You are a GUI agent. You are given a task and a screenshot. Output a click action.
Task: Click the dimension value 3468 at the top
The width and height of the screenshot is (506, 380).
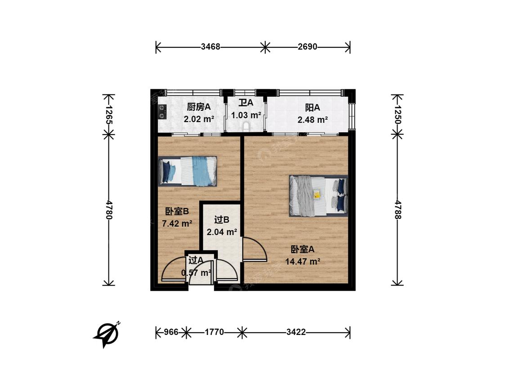[210, 47]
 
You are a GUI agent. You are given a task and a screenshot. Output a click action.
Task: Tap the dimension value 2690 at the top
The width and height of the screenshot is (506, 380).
[308, 47]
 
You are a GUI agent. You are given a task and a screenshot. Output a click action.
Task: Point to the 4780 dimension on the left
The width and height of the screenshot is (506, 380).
[108, 210]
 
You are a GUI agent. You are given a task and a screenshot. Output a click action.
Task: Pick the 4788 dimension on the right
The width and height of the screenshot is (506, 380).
[397, 210]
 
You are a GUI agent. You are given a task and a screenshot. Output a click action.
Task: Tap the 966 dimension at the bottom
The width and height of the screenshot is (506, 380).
[171, 332]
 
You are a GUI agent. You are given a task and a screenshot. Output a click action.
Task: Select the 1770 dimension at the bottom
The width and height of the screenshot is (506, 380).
[214, 332]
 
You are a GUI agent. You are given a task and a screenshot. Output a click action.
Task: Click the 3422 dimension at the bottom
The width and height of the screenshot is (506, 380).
[296, 332]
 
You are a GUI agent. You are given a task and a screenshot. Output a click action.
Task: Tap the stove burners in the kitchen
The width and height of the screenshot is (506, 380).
[162, 112]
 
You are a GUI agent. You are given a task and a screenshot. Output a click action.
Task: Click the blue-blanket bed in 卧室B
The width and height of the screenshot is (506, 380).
[188, 172]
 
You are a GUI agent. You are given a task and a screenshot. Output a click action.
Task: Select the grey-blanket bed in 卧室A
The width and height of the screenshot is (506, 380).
[318, 196]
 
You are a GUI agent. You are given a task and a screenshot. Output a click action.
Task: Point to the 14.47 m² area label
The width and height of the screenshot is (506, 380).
[303, 262]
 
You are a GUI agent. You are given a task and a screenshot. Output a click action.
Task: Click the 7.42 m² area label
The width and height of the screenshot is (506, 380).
[177, 223]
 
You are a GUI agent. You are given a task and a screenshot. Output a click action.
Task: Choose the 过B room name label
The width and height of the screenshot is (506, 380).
[222, 220]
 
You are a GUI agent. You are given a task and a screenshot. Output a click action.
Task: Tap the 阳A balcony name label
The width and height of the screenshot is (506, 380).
[313, 107]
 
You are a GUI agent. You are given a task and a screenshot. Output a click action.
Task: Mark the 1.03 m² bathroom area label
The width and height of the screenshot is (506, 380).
[246, 115]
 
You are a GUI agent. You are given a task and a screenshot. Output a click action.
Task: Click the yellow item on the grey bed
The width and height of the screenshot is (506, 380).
[317, 195]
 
